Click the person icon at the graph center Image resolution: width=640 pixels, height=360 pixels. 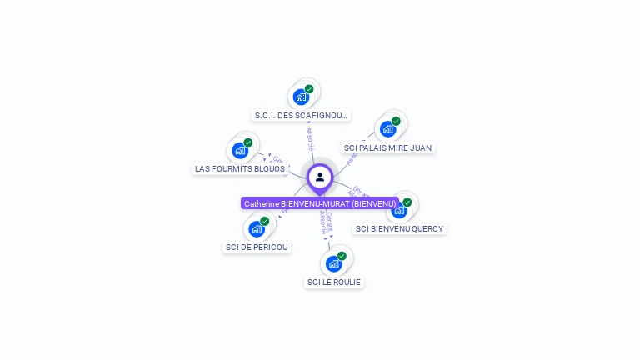tap(320, 177)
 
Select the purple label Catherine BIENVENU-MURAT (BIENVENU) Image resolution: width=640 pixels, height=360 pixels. tap(320, 203)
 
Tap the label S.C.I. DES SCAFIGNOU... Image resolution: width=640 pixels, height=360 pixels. tap(302, 115)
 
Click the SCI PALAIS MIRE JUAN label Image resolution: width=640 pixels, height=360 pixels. tap(387, 147)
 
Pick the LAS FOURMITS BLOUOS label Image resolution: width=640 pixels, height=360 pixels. tap(240, 168)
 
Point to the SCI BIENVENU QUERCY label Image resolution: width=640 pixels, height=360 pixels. tap(400, 228)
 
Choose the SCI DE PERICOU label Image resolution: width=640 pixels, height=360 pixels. tap(257, 247)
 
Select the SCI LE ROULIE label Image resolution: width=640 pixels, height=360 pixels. tap(334, 282)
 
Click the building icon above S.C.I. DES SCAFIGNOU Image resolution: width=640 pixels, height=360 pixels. tap(301, 97)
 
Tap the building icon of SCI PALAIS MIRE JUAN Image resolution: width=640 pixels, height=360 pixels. tap(387, 129)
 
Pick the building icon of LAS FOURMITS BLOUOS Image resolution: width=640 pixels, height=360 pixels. tap(240, 150)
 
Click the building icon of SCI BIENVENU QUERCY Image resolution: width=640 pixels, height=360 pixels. tap(399, 211)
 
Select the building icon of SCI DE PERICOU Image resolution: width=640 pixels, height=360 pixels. tap(256, 229)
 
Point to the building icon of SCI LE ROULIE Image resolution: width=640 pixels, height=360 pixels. tap(333, 264)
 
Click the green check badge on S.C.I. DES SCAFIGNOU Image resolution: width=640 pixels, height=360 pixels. tap(309, 89)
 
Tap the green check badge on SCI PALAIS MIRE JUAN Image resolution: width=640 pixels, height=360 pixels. tap(396, 121)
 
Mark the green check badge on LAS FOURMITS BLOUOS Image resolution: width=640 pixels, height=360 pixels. tap(248, 142)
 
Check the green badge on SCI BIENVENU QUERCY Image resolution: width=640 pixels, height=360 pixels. tap(407, 202)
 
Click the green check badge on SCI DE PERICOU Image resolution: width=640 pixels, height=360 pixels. tap(265, 221)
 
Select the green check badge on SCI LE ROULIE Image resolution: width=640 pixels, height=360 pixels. tap(342, 256)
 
